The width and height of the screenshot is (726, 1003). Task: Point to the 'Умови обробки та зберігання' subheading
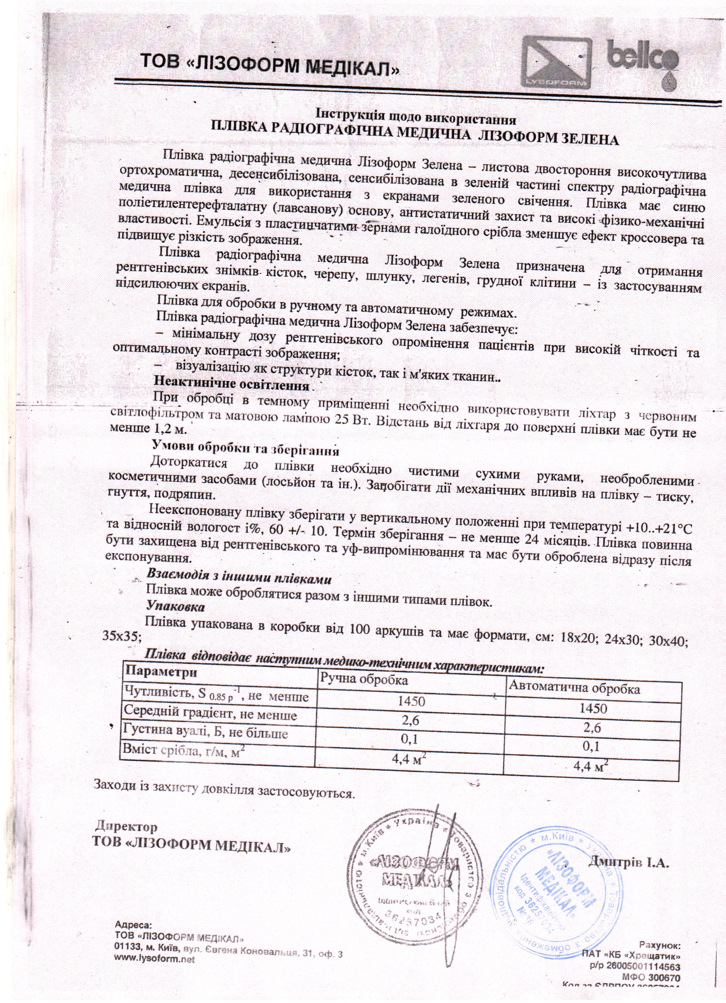(x=245, y=450)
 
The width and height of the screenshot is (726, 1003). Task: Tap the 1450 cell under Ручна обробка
(x=411, y=701)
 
